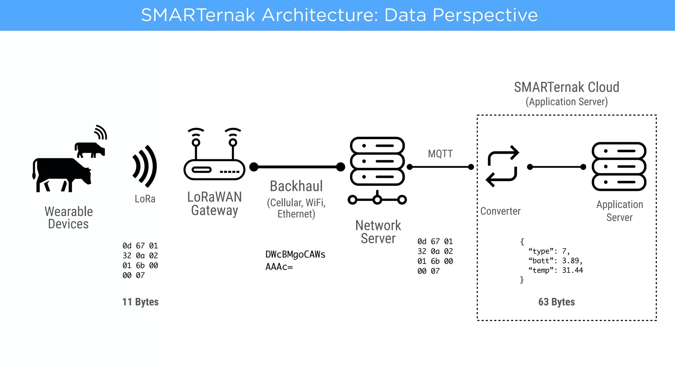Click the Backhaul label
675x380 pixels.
(296, 186)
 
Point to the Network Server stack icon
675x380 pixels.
(377, 162)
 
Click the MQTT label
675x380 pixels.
(440, 154)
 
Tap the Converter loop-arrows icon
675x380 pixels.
(502, 166)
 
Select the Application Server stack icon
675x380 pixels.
(619, 167)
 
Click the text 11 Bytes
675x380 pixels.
(140, 302)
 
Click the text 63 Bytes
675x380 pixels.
(556, 302)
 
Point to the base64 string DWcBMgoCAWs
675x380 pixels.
(295, 254)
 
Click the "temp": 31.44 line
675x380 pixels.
(556, 270)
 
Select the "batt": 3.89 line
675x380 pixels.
(555, 261)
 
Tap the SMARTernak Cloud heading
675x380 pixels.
(567, 87)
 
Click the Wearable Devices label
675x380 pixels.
(69, 218)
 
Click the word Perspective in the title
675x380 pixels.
(485, 15)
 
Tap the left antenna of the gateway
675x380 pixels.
(196, 145)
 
